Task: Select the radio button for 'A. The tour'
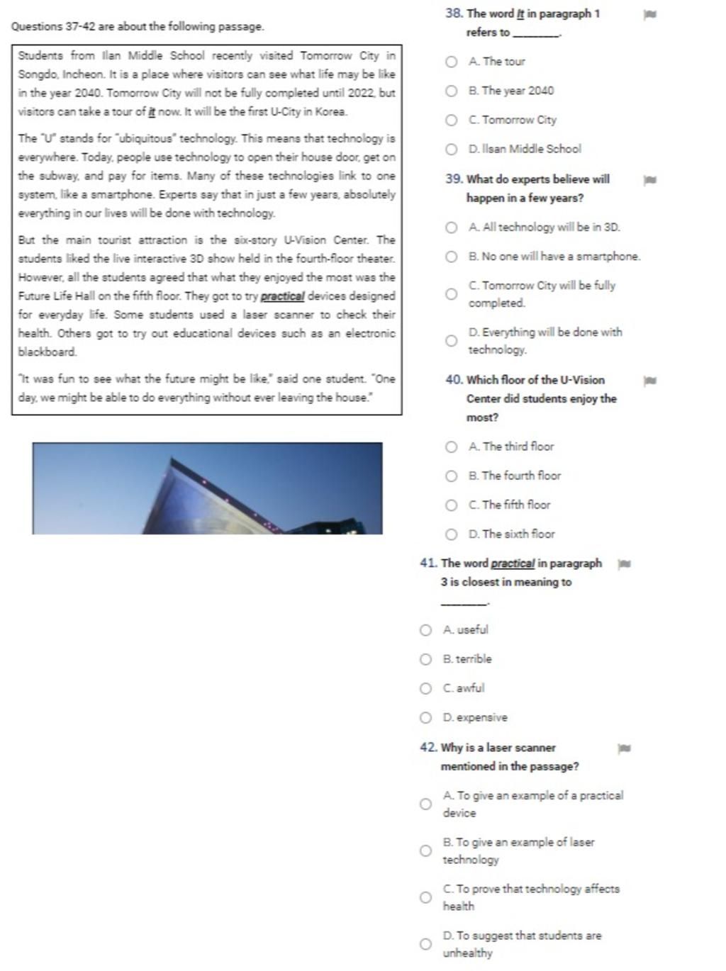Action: (x=451, y=62)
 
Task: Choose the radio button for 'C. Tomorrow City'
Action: (x=451, y=120)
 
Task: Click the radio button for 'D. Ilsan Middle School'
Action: (x=451, y=149)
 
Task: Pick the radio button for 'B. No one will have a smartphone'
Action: (x=451, y=257)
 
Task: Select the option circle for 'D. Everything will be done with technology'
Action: (x=451, y=341)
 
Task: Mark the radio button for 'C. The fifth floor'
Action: (x=451, y=505)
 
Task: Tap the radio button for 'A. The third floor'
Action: (x=451, y=447)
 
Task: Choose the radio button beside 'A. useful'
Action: (x=425, y=630)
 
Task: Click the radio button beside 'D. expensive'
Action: (x=425, y=718)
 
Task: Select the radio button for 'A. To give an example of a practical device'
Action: (x=425, y=804)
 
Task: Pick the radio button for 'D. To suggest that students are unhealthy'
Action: (x=425, y=944)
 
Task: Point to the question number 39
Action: (x=454, y=179)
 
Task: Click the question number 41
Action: (x=428, y=563)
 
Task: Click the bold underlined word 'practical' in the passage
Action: (x=282, y=296)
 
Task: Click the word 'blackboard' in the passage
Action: (x=47, y=352)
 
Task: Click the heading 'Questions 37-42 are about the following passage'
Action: (x=138, y=27)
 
